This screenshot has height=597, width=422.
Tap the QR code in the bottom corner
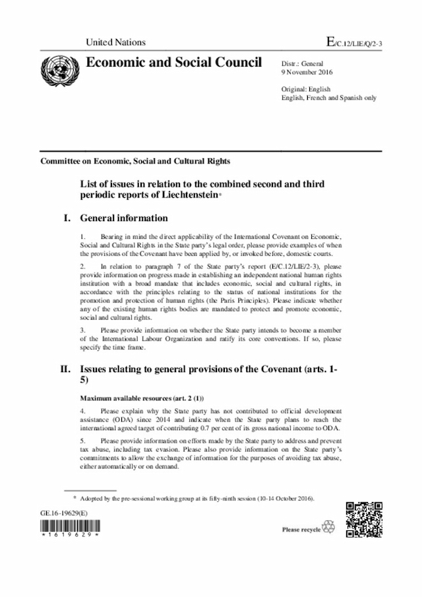[364, 521]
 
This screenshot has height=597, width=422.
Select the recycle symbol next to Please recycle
[328, 528]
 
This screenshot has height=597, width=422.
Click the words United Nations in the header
[115, 42]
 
